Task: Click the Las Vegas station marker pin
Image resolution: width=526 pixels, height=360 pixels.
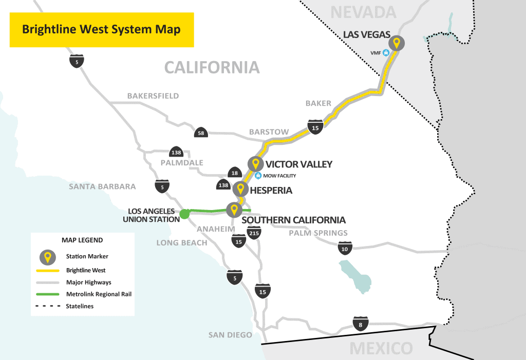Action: click(x=396, y=43)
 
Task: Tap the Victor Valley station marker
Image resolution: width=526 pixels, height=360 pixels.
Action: click(x=255, y=164)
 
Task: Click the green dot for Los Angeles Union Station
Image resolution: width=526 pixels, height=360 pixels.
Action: click(x=184, y=214)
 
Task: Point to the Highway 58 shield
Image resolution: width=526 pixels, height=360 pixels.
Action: click(x=200, y=133)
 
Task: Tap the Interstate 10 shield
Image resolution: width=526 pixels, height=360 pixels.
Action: click(x=344, y=249)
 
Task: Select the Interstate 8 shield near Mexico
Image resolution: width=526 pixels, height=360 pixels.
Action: click(x=361, y=324)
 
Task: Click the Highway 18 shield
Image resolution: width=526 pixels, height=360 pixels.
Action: click(x=234, y=174)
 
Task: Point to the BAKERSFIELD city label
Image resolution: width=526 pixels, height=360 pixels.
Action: click(x=153, y=96)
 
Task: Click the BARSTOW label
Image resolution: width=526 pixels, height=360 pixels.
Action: click(x=269, y=132)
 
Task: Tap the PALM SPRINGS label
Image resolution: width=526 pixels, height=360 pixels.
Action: click(x=318, y=233)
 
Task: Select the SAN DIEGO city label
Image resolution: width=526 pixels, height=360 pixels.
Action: click(x=230, y=335)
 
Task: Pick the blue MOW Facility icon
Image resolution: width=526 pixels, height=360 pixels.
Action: click(x=258, y=176)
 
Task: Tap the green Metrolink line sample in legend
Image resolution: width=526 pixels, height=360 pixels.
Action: click(x=48, y=294)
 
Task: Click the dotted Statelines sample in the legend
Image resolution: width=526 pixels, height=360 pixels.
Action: click(x=48, y=306)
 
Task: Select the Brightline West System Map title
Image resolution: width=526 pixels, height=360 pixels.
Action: click(x=101, y=29)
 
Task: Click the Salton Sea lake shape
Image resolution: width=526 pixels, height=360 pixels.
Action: click(x=355, y=274)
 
